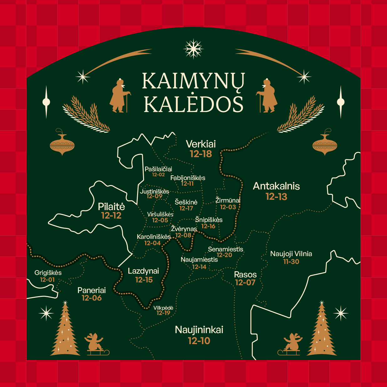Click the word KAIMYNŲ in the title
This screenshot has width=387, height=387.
[193, 81]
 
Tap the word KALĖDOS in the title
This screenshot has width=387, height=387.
[194, 104]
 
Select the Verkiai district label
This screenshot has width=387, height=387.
[201, 144]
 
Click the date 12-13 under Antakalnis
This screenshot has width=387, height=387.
[276, 197]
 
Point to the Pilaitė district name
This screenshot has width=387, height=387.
[111, 207]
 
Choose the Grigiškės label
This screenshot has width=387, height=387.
[48, 273]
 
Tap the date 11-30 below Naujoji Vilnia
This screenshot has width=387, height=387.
[291, 262]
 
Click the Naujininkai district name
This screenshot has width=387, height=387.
[199, 330]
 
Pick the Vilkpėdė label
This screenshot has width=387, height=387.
[163, 308]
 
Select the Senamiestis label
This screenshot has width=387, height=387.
[225, 249]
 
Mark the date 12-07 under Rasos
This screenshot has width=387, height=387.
[245, 283]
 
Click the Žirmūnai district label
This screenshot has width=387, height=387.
[228, 200]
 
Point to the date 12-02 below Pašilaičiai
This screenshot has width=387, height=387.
[158, 175]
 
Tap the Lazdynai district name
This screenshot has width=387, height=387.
[143, 271]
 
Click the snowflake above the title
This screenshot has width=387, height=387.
[193, 49]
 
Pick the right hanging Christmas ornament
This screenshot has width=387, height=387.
[325, 144]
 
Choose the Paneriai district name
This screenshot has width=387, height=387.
[91, 290]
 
